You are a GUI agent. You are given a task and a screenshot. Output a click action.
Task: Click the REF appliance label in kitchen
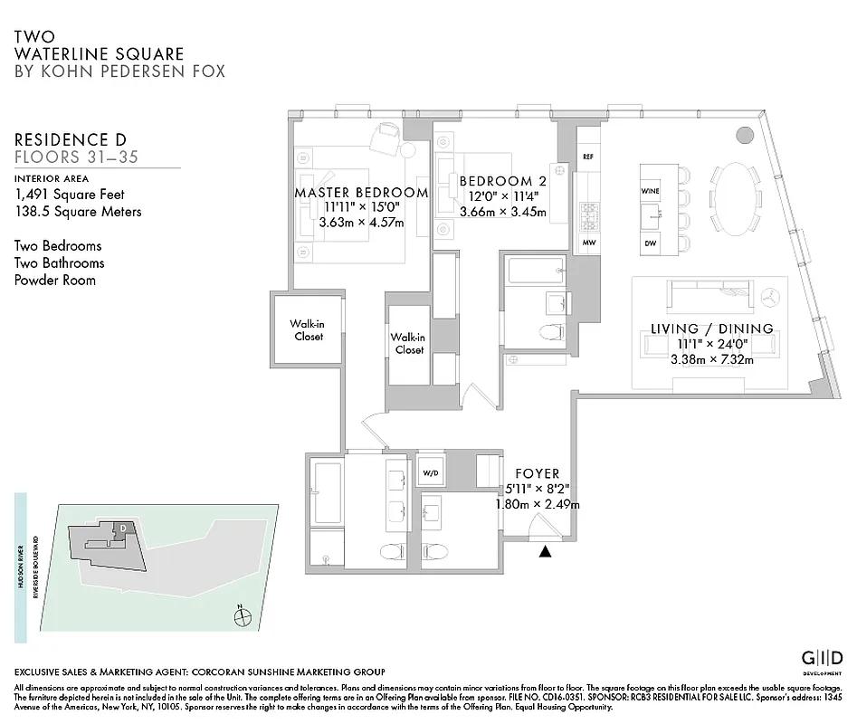[x=587, y=156]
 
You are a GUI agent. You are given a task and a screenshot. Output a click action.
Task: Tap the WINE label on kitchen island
[x=650, y=192]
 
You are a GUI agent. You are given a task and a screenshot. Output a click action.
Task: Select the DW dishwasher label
[x=650, y=243]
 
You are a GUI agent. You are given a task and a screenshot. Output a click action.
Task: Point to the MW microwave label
[x=587, y=243]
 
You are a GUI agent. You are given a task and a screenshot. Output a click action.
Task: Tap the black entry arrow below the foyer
[x=545, y=552]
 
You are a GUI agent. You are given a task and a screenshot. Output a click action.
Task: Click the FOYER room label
[x=537, y=473]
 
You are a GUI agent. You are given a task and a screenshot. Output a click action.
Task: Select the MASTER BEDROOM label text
[x=361, y=193]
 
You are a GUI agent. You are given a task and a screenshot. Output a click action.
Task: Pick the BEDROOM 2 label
[x=502, y=181]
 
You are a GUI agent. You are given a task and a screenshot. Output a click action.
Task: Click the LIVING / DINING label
[x=712, y=329]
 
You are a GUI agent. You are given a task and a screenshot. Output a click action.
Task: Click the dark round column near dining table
[x=743, y=136]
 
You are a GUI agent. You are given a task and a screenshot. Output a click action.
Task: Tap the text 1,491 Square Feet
[x=70, y=195]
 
